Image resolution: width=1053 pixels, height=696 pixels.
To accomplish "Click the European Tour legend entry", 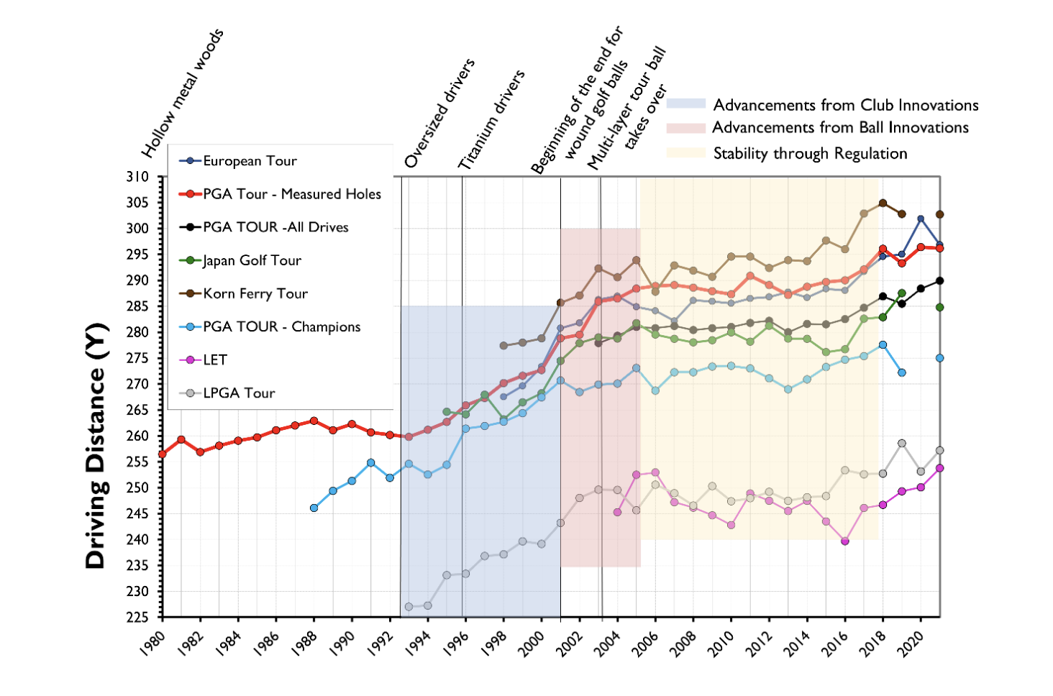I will pos(249,161).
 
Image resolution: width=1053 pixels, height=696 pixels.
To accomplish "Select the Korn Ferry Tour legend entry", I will pos(255,293).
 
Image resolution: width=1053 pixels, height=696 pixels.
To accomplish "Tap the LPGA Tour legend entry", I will pos(239,393).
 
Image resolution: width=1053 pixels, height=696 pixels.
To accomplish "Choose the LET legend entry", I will pos(214,360).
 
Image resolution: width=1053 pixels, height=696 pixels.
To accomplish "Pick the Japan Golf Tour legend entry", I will pos(252,260).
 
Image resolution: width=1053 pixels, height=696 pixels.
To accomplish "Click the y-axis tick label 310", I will pos(137,177).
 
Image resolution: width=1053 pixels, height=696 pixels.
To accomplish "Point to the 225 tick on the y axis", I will pos(137,618).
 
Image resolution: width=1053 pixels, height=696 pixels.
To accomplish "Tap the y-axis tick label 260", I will pos(137,436).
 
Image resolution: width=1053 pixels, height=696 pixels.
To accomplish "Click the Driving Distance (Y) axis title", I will pos(96,446).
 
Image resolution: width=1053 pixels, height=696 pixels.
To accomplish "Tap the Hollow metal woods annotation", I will pos(183,93).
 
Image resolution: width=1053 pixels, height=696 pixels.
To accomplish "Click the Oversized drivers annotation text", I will pos(439,113).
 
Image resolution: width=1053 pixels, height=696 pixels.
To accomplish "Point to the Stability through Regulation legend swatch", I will pos(685,153).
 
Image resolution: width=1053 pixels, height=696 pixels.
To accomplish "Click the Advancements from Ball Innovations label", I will pos(840,128).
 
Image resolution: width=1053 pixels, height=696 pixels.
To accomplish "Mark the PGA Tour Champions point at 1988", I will pos(314,508).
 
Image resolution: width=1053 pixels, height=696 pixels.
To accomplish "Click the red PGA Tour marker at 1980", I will pos(163,454).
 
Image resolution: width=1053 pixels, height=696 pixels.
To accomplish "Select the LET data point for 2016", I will pos(845,541).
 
